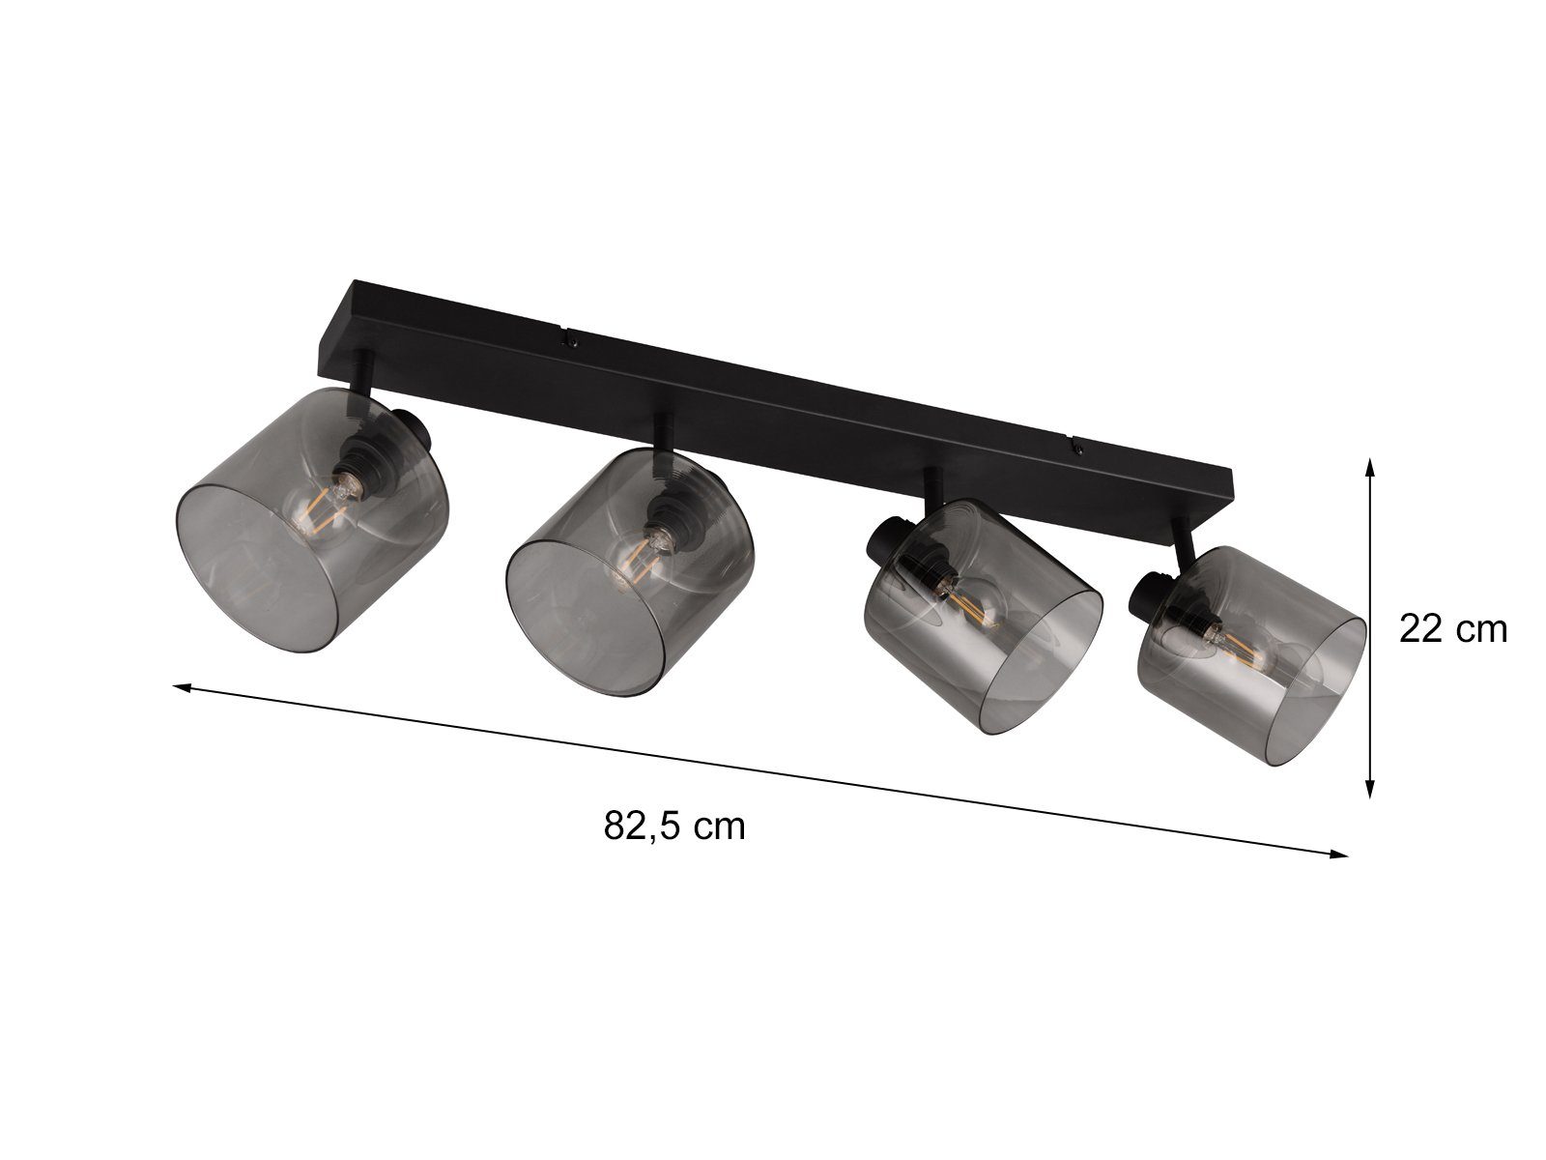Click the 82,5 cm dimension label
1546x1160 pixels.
tap(673, 826)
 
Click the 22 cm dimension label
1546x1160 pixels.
tap(1452, 629)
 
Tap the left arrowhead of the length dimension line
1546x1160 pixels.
tap(182, 688)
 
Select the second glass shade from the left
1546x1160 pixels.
tap(630, 574)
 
